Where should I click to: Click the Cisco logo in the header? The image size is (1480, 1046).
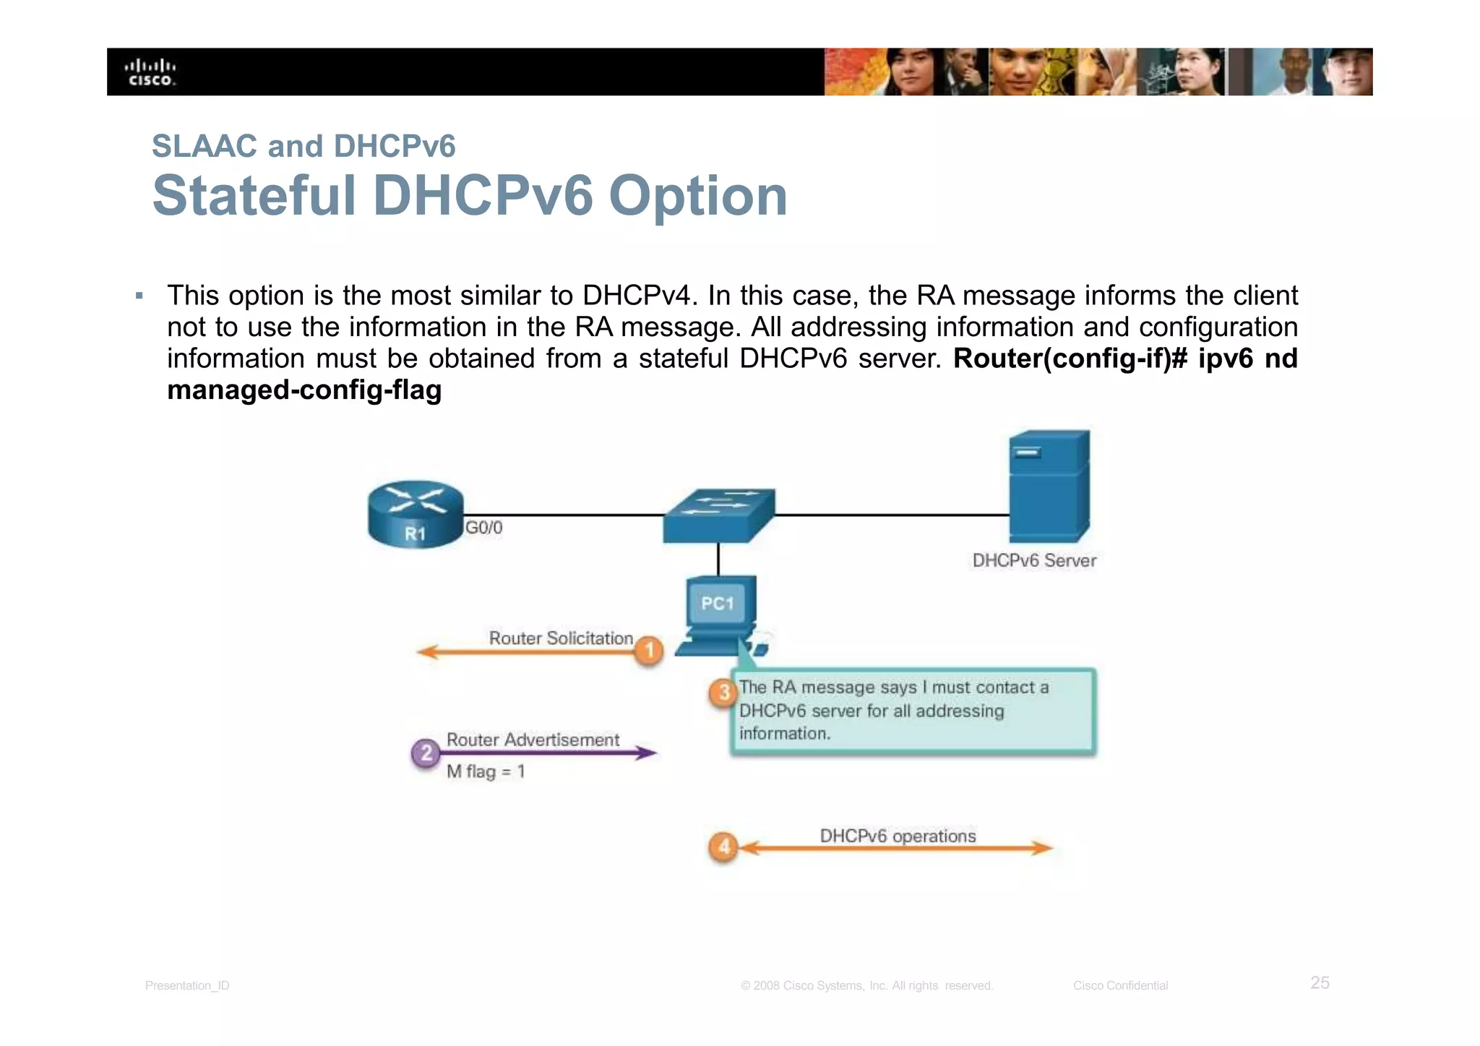tap(151, 72)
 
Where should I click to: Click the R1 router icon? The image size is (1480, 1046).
tap(416, 515)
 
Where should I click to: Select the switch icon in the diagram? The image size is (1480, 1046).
tap(719, 515)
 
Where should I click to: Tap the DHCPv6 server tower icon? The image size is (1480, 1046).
tap(1049, 486)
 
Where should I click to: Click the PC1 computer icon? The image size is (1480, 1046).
tap(719, 614)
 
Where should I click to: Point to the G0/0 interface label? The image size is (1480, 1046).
tap(483, 528)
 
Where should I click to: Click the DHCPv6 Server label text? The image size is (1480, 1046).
tap(1034, 560)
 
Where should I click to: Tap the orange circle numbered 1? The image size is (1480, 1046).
tap(649, 651)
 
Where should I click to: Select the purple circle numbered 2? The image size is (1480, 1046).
tap(426, 753)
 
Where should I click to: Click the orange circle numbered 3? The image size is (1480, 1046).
tap(723, 693)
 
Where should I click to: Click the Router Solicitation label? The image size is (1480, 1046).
tap(561, 638)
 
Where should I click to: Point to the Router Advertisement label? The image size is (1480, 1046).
tap(533, 740)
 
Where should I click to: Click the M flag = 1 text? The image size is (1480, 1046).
tap(486, 771)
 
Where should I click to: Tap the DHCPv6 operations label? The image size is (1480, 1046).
tap(898, 836)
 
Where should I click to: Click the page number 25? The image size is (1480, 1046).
tap(1320, 982)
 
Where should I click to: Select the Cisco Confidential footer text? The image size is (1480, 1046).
tap(1120, 985)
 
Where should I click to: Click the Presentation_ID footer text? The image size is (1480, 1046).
tap(187, 985)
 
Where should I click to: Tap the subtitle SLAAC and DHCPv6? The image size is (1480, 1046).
tap(304, 146)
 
